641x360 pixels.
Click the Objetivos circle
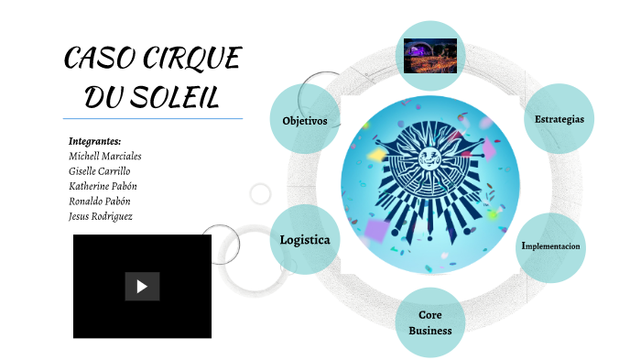coord(305,120)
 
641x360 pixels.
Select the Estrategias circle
coord(560,119)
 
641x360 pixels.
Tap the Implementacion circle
coord(550,246)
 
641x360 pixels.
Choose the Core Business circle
coord(430,322)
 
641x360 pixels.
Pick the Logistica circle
coord(305,240)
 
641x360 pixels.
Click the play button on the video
coord(142,286)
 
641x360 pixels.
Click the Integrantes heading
coord(95,141)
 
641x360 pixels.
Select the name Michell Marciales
coord(105,156)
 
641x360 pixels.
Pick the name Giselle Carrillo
coord(100,171)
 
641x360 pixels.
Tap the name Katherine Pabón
coord(103,186)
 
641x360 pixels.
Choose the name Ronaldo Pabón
coord(100,201)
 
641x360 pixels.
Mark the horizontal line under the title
coord(152,118)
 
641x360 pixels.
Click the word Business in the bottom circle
coord(430,330)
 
